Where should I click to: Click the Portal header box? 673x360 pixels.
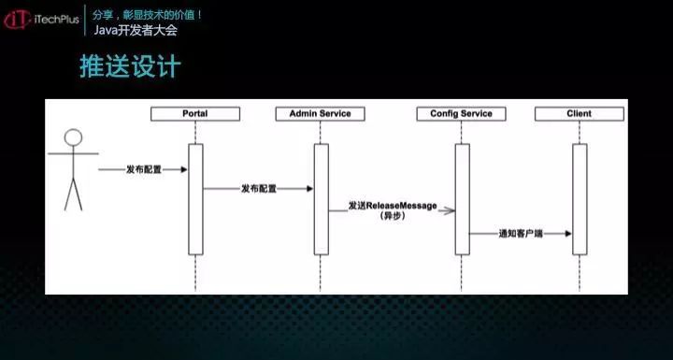tap(194, 113)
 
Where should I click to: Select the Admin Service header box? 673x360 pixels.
tap(321, 113)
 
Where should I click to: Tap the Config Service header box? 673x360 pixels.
tap(461, 113)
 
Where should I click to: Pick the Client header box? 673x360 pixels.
tap(579, 113)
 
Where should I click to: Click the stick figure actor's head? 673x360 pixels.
tap(72, 139)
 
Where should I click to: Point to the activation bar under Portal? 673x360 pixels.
tap(195, 198)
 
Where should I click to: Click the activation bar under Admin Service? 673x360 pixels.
tap(321, 198)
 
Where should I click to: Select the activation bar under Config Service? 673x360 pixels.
tap(461, 198)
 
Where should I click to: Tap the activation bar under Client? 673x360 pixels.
tap(580, 198)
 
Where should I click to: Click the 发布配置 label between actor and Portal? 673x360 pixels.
tap(144, 169)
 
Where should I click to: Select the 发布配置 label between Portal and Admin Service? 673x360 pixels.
tap(258, 188)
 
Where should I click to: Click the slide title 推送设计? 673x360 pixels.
tap(128, 67)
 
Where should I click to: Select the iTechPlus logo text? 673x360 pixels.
tap(56, 19)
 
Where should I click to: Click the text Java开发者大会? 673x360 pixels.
tap(136, 30)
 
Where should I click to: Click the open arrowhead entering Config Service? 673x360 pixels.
tap(449, 210)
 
